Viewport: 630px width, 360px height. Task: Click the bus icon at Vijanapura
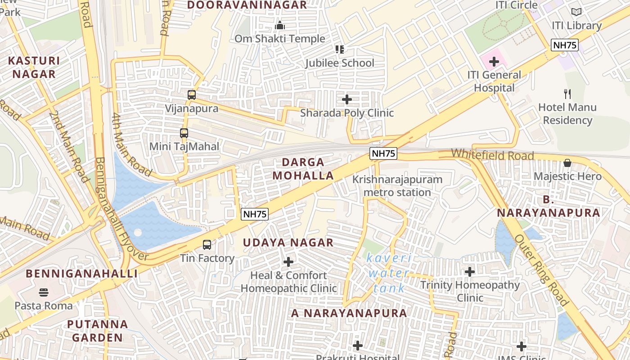click(x=192, y=95)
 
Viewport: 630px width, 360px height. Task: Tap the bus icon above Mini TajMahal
click(x=184, y=133)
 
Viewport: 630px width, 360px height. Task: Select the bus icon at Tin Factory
click(x=207, y=245)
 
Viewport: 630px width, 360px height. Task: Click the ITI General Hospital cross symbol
click(x=494, y=62)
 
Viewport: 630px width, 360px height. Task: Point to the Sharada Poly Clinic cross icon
click(x=347, y=99)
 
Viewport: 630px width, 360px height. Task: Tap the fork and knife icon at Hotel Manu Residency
click(x=567, y=94)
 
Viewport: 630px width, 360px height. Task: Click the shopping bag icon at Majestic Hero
click(x=567, y=163)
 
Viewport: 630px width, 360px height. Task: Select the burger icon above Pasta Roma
click(x=44, y=292)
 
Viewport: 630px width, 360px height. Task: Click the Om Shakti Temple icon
click(x=280, y=25)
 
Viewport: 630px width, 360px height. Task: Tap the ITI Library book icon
click(x=576, y=12)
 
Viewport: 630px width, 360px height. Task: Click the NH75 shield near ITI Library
click(x=565, y=45)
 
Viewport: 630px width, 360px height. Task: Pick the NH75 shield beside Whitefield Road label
click(x=384, y=153)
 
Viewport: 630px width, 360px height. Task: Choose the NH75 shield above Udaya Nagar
click(x=255, y=214)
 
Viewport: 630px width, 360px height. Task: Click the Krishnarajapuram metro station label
click(x=397, y=186)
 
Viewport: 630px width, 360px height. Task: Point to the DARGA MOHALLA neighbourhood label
click(x=303, y=169)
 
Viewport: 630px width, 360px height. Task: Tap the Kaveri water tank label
click(x=388, y=273)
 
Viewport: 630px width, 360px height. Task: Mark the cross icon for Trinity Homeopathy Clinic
click(x=470, y=272)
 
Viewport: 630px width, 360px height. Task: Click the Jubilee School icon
click(x=339, y=49)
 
